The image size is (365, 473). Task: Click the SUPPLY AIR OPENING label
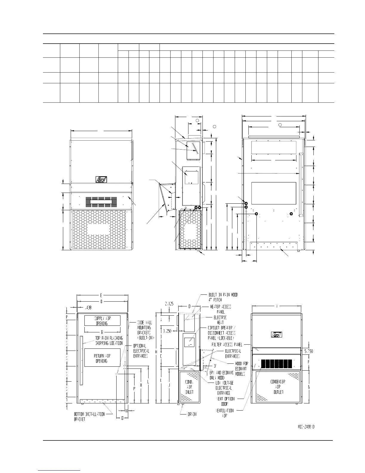coord(102,321)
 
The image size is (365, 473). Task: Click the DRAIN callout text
coord(192,414)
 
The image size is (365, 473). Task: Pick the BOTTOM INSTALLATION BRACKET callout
coord(89,417)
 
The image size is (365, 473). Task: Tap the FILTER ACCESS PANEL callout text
coord(227,344)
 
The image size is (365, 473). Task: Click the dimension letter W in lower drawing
coord(277,305)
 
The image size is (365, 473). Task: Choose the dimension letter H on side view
coord(156,352)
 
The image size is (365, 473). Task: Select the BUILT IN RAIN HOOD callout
coord(223,297)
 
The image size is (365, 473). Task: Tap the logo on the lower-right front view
coord(275,334)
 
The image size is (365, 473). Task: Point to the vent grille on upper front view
coord(101,202)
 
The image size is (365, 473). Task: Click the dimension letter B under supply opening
coord(102,332)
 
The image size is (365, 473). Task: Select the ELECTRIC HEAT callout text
coord(220,320)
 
